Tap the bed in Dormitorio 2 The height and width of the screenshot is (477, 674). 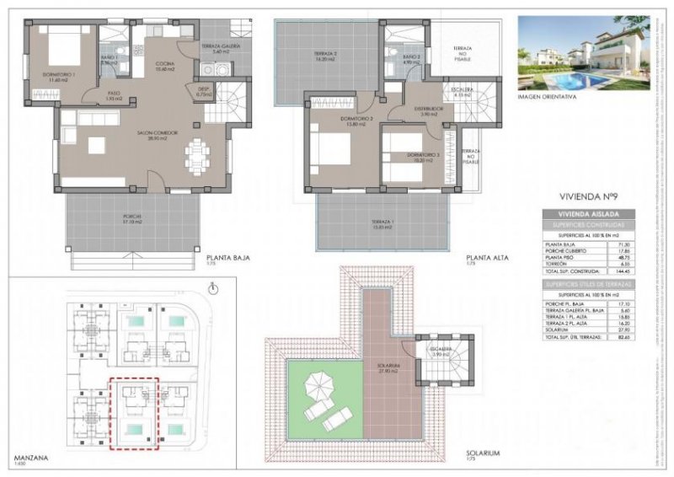(333, 153)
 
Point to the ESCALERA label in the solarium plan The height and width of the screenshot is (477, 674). (444, 352)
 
